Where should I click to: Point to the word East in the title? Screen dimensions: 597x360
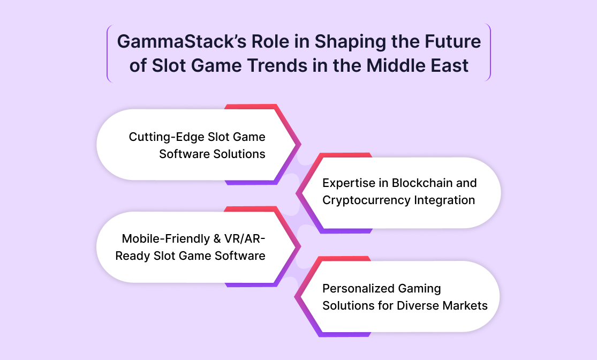coord(450,65)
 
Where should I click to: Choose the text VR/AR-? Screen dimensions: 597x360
coord(245,238)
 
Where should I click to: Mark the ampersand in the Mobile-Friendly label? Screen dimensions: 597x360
coord(217,239)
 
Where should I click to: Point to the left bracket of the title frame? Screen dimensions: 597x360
coord(108,53)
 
